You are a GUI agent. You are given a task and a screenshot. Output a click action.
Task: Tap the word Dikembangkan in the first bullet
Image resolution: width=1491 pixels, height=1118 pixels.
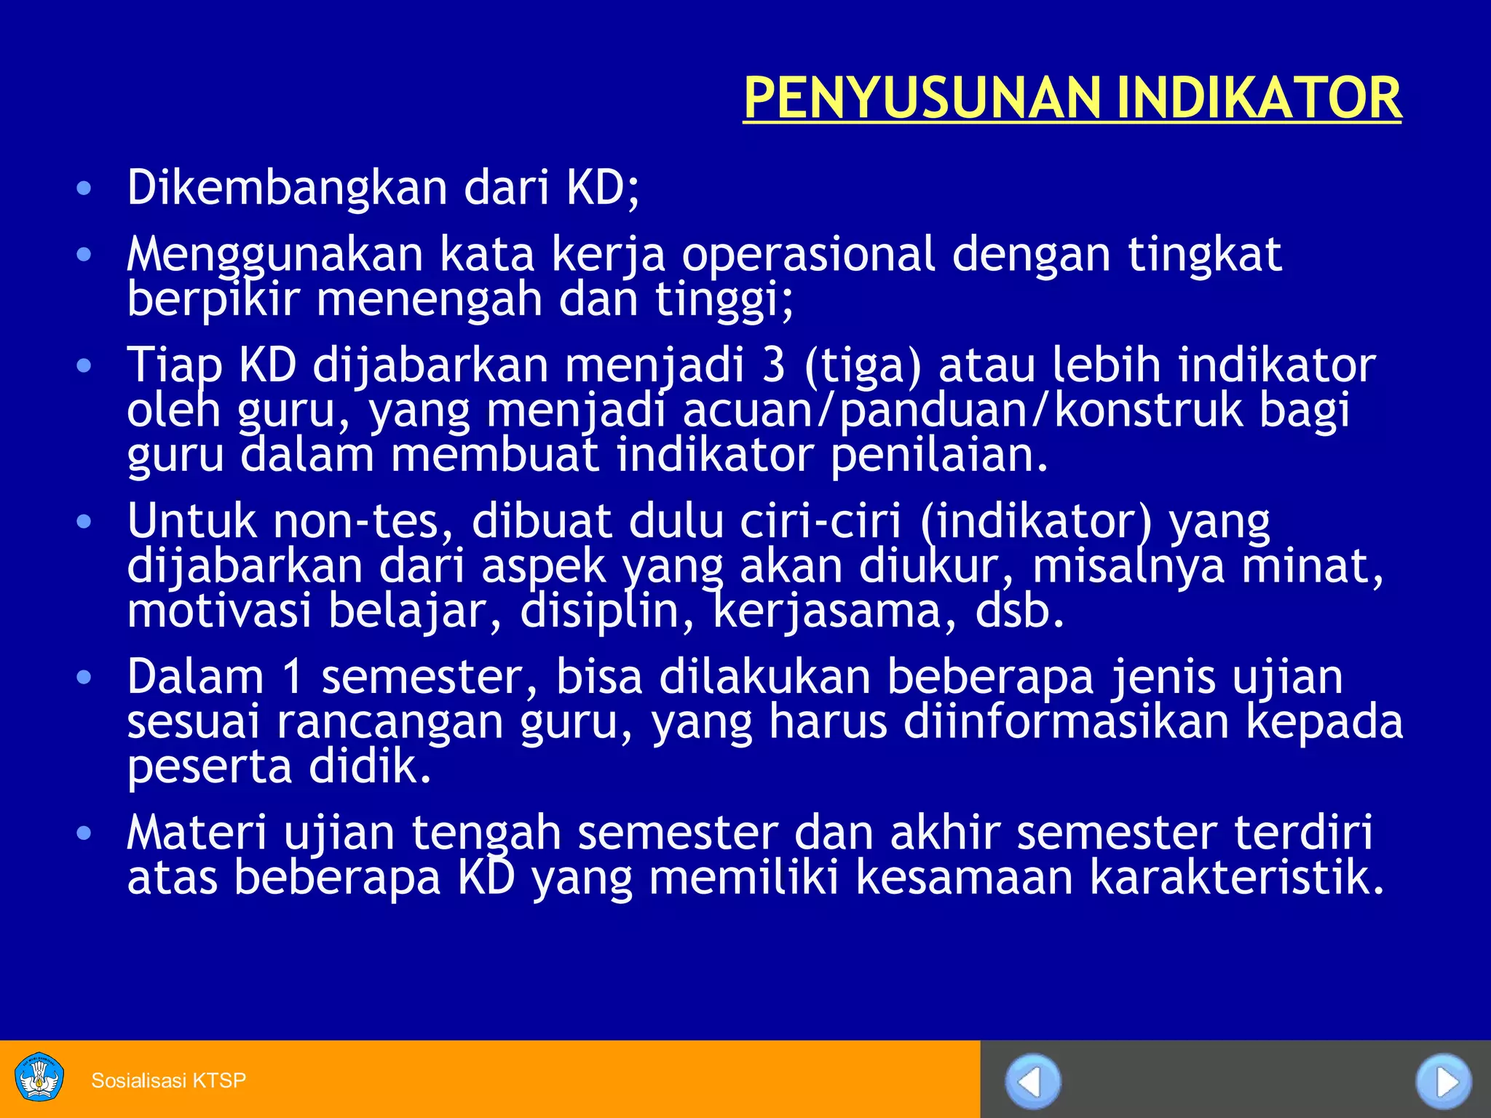[x=287, y=188]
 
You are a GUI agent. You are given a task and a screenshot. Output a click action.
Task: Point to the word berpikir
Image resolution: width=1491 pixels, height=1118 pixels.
[x=213, y=299]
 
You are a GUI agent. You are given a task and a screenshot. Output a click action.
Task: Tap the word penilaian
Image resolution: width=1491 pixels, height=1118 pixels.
[x=939, y=455]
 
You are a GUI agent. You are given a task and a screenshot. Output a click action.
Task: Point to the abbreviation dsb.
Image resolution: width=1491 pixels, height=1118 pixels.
[x=1019, y=611]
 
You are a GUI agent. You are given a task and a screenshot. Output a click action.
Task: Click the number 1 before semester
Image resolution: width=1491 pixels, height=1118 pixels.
[x=291, y=677]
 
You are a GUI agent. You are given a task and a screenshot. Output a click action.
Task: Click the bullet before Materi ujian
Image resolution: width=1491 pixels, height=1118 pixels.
[x=84, y=833]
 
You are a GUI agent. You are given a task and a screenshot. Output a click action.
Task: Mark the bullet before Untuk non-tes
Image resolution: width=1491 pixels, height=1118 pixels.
[x=84, y=521]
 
